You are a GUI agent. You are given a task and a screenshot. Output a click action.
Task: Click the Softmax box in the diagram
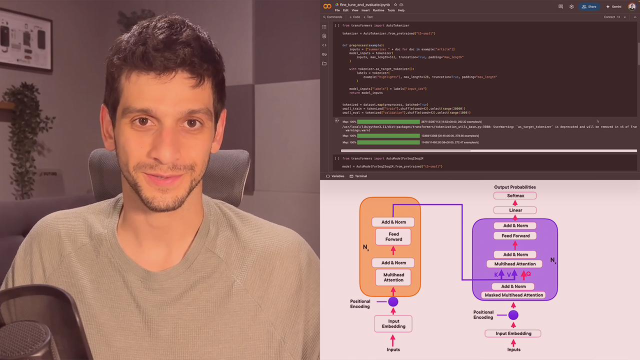[515, 196]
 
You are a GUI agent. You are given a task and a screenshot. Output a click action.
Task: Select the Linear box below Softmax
[515, 210]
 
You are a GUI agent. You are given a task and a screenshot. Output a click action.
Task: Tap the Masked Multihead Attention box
[513, 295]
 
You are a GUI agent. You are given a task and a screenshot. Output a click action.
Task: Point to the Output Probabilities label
[514, 187]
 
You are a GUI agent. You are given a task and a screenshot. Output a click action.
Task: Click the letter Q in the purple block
[528, 274]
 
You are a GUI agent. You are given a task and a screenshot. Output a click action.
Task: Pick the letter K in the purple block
[496, 274]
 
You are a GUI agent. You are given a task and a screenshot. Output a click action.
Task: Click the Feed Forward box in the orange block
[393, 236]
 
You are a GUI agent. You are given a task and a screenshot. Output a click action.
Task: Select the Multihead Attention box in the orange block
[393, 277]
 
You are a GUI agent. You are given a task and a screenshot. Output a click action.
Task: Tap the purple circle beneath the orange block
[393, 301]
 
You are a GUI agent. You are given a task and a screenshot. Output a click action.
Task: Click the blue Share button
[589, 6]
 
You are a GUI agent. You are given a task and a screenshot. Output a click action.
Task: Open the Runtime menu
[378, 10]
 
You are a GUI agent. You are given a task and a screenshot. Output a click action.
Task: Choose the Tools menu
[391, 10]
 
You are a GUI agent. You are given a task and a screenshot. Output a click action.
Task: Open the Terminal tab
[358, 176]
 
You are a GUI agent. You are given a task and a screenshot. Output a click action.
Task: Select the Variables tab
[335, 176]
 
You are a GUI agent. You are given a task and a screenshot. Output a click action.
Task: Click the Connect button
[609, 17]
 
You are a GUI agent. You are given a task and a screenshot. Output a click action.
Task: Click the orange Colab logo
[327, 6]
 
